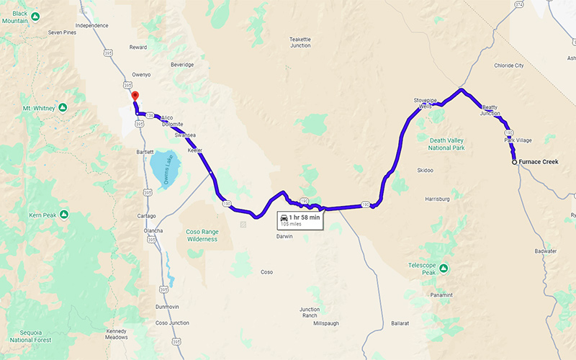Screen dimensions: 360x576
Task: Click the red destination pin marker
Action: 135,97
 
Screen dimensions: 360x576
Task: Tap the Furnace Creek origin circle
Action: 514,163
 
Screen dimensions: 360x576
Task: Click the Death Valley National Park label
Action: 447,143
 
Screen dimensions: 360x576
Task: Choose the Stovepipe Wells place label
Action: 426,103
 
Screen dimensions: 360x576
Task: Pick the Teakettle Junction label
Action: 300,42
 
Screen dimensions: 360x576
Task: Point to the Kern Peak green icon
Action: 64,215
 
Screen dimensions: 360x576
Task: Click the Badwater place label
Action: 546,251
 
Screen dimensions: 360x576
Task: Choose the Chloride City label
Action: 508,66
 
